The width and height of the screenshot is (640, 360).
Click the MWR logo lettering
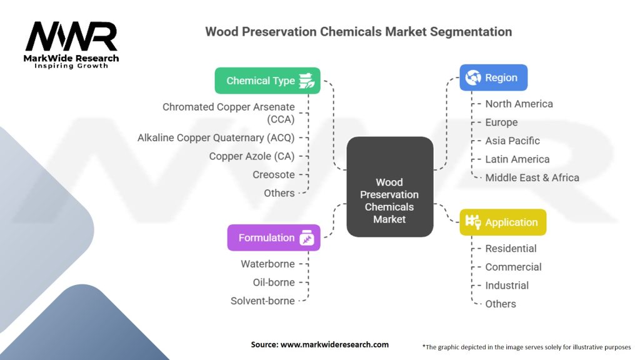[x=71, y=37]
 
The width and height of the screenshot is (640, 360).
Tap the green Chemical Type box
[x=267, y=81]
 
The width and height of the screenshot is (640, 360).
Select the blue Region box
[x=494, y=77]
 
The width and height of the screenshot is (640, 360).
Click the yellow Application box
[x=503, y=222]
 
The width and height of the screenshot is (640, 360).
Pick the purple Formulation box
[x=274, y=238]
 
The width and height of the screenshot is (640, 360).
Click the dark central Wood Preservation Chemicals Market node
[x=390, y=187]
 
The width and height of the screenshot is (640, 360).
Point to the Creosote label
[x=274, y=175]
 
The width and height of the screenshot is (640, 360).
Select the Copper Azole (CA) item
[x=252, y=156]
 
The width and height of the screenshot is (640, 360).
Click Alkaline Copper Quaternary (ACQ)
[x=216, y=138]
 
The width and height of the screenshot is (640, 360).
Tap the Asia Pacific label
[x=512, y=141]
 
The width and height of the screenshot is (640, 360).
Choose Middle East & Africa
[x=532, y=177]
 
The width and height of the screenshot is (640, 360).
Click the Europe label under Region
[x=501, y=122]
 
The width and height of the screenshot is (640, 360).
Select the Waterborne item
[x=267, y=264]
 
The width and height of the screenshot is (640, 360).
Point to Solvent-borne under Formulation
[x=262, y=301]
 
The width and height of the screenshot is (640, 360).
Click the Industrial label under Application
[x=507, y=285]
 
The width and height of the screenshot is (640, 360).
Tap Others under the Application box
[x=501, y=304]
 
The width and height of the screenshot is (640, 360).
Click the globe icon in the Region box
[x=473, y=77]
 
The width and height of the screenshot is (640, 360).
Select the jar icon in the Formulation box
[x=307, y=238]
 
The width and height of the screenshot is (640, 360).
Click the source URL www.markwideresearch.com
[x=335, y=344]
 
